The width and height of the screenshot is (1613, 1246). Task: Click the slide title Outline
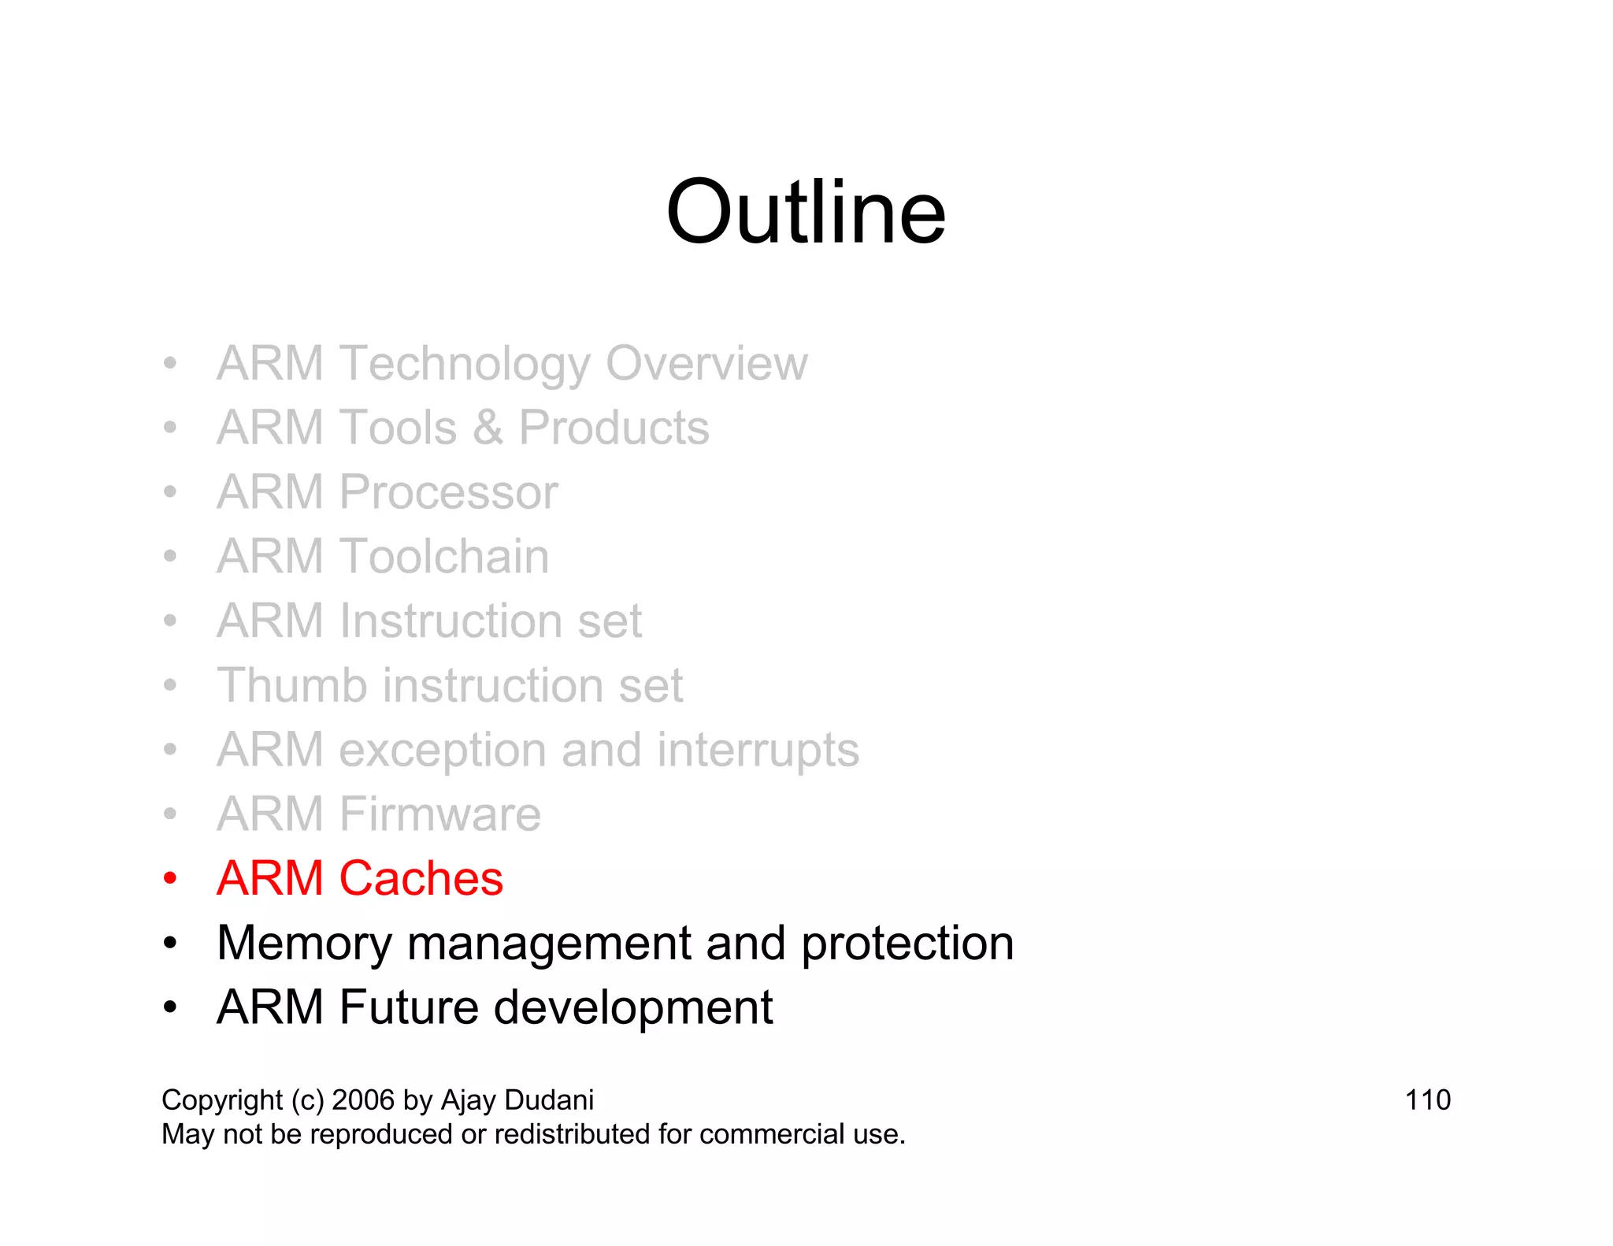(x=805, y=213)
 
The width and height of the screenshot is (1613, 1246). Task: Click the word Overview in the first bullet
(x=706, y=364)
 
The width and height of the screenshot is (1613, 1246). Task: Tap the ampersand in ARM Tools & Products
(x=488, y=428)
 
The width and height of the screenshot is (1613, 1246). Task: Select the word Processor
(x=448, y=493)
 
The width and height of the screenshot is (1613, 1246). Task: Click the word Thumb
(x=292, y=685)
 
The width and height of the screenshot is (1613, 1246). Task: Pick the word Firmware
(x=440, y=814)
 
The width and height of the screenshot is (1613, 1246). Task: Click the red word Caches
(x=421, y=878)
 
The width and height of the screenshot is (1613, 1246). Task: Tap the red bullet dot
(x=170, y=878)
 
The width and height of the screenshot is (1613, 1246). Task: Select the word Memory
(x=304, y=944)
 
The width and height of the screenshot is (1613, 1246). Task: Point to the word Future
(x=408, y=1007)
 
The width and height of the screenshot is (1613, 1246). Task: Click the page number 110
(x=1427, y=1100)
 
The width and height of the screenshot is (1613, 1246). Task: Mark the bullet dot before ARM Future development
(x=170, y=1007)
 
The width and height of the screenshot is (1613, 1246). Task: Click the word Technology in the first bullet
(x=464, y=364)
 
